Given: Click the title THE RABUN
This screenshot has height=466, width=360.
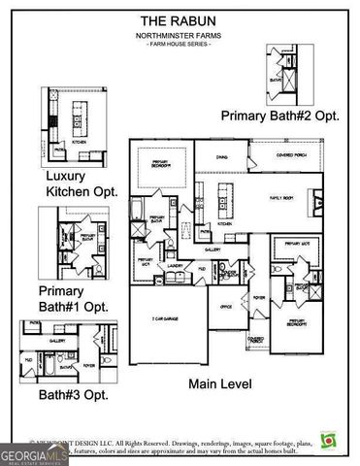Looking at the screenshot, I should click(180, 19).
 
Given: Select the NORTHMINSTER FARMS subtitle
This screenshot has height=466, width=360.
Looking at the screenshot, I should click(180, 35).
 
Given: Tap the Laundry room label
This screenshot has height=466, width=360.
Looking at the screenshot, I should click(176, 265).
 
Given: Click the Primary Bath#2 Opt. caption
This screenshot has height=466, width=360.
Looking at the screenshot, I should click(281, 116).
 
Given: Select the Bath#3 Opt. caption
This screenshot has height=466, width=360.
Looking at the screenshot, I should click(74, 395).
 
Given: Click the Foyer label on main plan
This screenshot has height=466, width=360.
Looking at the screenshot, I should click(258, 298).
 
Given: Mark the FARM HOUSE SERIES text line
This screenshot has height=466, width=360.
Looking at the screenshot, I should click(180, 46).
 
